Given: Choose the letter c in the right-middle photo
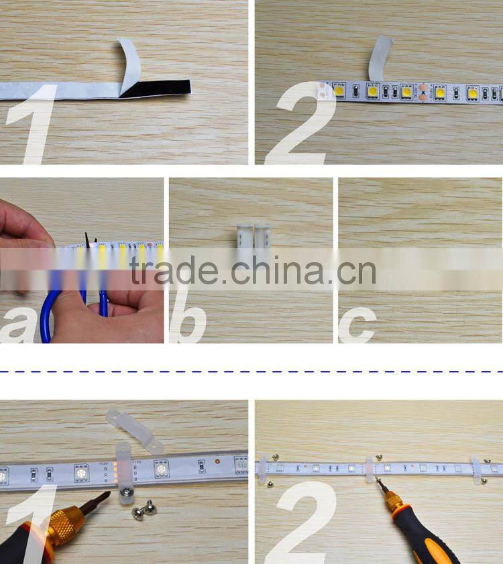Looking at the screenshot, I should coord(356,325).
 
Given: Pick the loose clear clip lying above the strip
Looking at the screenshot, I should coord(134,429).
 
